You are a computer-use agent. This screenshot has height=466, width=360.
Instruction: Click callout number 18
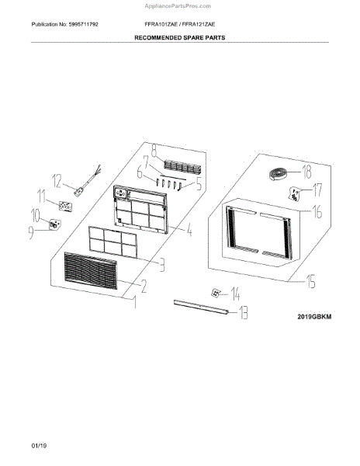pyautogui.click(x=306, y=172)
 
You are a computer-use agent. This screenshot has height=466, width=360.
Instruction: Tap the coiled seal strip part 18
pyautogui.click(x=279, y=173)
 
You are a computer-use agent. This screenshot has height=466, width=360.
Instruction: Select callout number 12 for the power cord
pyautogui.click(x=57, y=181)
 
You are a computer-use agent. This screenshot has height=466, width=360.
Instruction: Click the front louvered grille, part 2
pyautogui.click(x=91, y=271)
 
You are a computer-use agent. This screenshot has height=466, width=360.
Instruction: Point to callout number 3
pyautogui.click(x=162, y=265)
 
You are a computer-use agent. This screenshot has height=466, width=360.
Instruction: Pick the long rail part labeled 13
pyautogui.click(x=201, y=307)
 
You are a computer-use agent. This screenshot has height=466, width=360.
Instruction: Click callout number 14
pyautogui.click(x=235, y=294)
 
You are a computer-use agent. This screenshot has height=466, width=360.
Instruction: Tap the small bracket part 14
pyautogui.click(x=216, y=293)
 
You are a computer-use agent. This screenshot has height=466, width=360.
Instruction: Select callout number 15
pyautogui.click(x=311, y=281)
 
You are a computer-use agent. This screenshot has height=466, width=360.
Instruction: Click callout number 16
pyautogui.click(x=317, y=211)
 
